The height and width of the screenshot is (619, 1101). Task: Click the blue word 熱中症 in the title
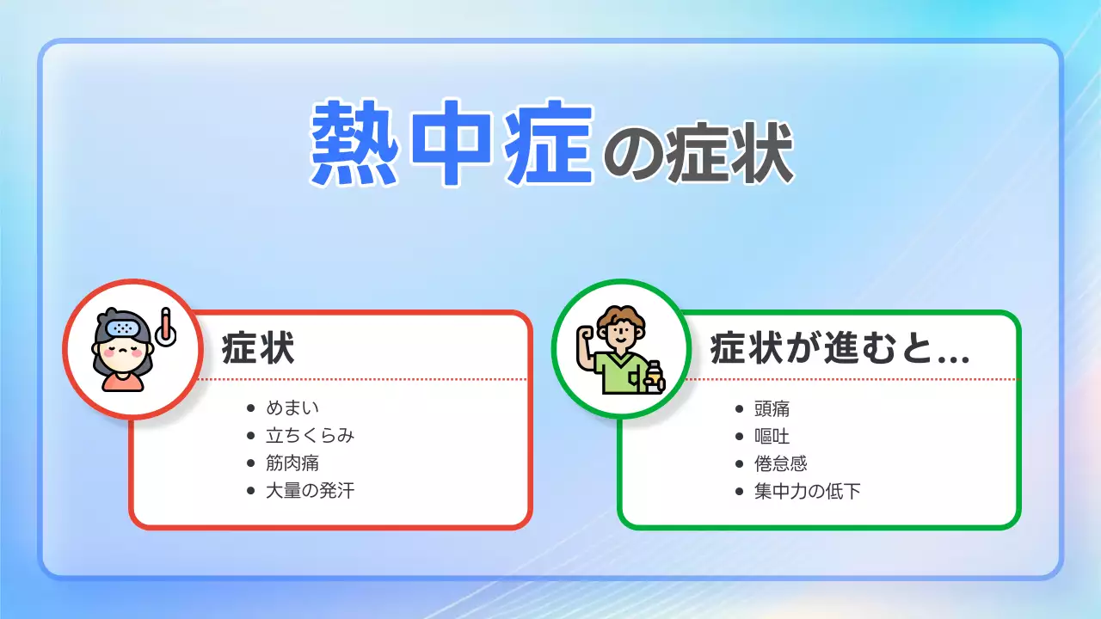coord(452,144)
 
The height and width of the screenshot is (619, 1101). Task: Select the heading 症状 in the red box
coord(258,351)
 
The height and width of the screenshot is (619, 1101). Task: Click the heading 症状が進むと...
coord(839,351)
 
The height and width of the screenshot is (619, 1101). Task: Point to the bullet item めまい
coord(292,408)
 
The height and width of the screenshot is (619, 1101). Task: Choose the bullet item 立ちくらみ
coord(310,435)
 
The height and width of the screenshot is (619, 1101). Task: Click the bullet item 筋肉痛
coord(292,463)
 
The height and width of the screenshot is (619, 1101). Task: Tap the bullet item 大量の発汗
coord(310,491)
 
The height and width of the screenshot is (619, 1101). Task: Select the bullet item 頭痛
coord(772,408)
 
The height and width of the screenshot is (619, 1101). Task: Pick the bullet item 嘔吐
coord(772,435)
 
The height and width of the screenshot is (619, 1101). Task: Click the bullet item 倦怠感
coord(781,463)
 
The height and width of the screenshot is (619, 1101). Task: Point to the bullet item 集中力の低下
coord(807,491)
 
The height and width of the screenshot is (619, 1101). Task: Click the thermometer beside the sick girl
coord(165,328)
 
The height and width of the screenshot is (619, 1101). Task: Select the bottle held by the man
coord(655,376)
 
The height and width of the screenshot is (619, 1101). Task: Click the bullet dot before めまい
coord(251,408)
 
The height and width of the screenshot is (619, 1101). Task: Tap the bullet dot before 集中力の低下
coord(740,492)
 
